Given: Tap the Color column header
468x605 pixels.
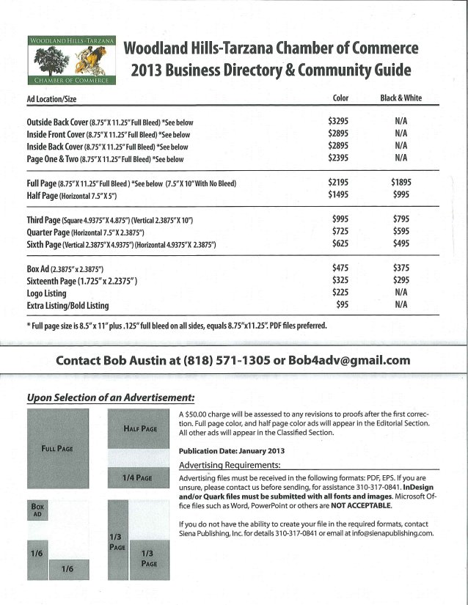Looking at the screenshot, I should (x=340, y=98).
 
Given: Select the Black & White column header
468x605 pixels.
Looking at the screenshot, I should (x=400, y=98).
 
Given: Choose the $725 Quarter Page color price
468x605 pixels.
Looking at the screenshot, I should (x=340, y=231).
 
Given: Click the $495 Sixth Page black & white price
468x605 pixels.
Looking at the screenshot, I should (x=401, y=243).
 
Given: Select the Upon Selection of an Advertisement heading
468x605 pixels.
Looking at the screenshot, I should (x=110, y=397).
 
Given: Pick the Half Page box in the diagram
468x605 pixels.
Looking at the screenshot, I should (x=140, y=429).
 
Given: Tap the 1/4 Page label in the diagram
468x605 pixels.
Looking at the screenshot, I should (x=140, y=477).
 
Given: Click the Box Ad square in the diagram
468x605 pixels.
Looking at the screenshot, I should (x=37, y=510).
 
